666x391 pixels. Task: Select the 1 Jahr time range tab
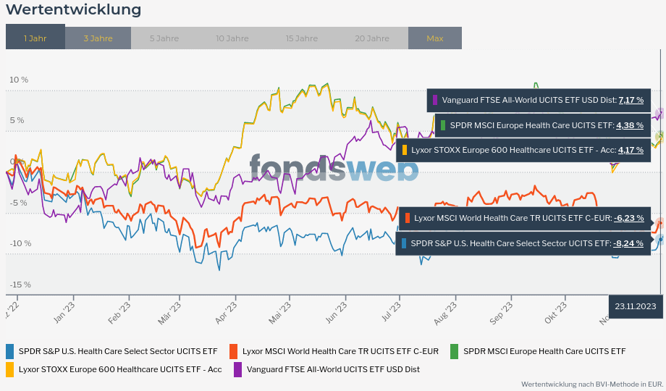click(x=35, y=38)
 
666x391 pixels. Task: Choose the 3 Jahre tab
click(x=98, y=38)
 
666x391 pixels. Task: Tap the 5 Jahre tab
click(x=164, y=38)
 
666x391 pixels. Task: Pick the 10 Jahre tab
click(x=232, y=38)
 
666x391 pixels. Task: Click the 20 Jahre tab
click(x=372, y=38)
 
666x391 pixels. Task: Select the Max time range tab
click(x=434, y=38)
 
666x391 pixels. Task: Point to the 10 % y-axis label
click(x=19, y=80)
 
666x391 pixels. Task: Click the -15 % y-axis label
click(x=20, y=285)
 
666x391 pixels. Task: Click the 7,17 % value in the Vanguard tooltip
click(x=631, y=100)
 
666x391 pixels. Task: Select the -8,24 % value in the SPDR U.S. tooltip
click(x=628, y=243)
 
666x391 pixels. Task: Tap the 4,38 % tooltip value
click(x=629, y=125)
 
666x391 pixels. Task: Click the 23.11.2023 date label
click(x=635, y=306)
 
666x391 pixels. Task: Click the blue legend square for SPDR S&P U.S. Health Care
click(x=10, y=351)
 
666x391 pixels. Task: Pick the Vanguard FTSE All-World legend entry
click(x=333, y=369)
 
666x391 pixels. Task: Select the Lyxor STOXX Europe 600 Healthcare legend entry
click(x=120, y=369)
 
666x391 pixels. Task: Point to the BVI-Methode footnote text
click(x=592, y=384)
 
